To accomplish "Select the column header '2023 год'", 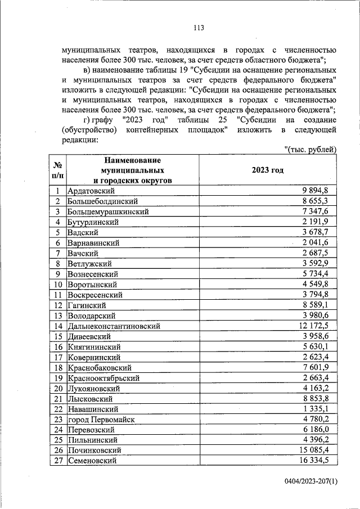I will click(x=268, y=169).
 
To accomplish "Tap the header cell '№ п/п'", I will click(x=57, y=170).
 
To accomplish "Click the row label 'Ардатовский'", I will click(x=91, y=191).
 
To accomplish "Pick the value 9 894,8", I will click(x=319, y=191).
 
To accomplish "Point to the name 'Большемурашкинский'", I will click(x=108, y=211).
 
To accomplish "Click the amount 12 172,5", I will click(x=317, y=326).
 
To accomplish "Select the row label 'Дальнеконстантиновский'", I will click(x=114, y=326).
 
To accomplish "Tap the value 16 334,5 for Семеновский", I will click(x=317, y=461).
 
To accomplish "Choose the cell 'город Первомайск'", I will click(x=101, y=419).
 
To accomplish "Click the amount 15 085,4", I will click(x=317, y=450).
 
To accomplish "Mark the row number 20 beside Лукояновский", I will click(x=57, y=388).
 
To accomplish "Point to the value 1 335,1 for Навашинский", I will click(x=319, y=409).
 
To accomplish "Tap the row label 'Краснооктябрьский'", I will click(x=103, y=377).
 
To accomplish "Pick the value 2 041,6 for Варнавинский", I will click(x=319, y=242).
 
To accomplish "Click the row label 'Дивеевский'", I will click(x=89, y=336).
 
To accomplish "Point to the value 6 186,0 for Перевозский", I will click(x=319, y=429).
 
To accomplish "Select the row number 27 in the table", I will click(x=57, y=461).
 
